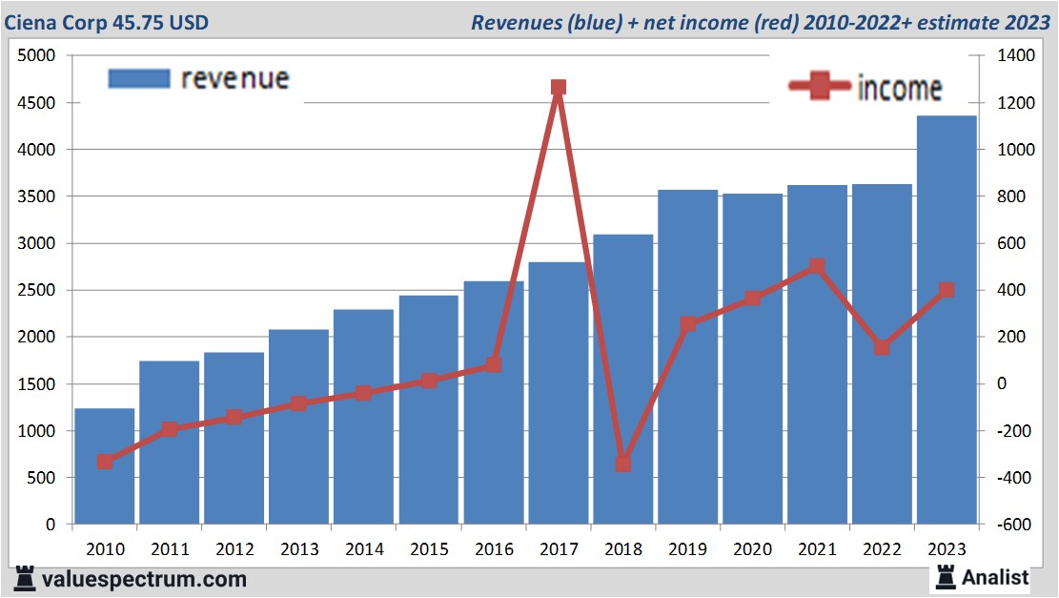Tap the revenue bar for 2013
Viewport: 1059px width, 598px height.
[299, 458]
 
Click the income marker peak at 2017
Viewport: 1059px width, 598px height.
[559, 88]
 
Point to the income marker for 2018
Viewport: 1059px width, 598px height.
[623, 464]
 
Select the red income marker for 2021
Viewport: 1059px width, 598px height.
[817, 266]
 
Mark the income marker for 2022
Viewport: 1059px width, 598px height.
[882, 348]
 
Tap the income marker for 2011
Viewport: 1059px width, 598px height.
[170, 429]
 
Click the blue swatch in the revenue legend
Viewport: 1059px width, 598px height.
[139, 78]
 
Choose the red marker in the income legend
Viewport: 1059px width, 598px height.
[820, 87]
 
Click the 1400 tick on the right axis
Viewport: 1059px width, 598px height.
[1014, 56]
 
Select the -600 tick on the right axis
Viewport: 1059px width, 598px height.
[1014, 525]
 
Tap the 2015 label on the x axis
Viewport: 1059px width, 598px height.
[428, 549]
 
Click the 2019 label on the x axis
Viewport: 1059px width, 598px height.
[687, 549]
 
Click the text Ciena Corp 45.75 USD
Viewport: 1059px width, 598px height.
[107, 22]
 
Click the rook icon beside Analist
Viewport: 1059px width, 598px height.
[945, 576]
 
